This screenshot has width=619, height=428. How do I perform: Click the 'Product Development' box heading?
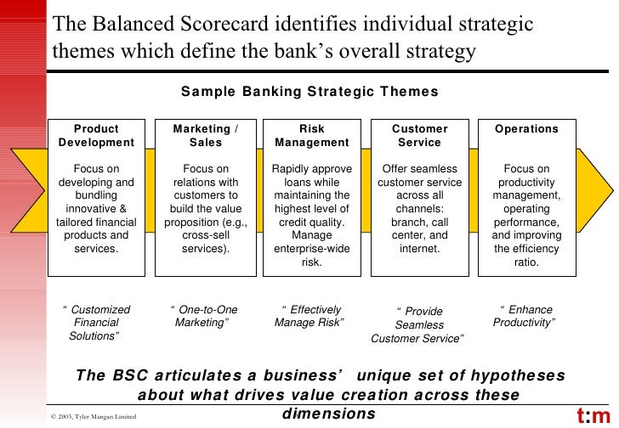(96, 136)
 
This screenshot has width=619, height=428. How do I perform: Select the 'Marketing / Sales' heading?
(205, 136)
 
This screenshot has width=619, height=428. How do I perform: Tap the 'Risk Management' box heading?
(312, 136)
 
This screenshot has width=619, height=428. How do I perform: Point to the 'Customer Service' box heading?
(419, 136)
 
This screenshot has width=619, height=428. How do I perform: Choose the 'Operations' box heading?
(526, 129)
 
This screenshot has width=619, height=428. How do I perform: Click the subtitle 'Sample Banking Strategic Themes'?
(310, 92)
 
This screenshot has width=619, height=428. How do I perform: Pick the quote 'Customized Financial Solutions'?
(96, 323)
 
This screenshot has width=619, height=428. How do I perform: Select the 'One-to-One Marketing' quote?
(204, 316)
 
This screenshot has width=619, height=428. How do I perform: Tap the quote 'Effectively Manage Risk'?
(309, 316)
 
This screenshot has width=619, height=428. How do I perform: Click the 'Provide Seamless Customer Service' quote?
(418, 325)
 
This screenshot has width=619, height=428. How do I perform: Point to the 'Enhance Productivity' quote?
(525, 316)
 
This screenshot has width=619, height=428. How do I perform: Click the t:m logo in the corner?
(593, 415)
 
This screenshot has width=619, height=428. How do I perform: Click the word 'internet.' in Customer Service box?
(419, 249)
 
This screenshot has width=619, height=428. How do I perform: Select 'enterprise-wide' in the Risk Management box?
(312, 249)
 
